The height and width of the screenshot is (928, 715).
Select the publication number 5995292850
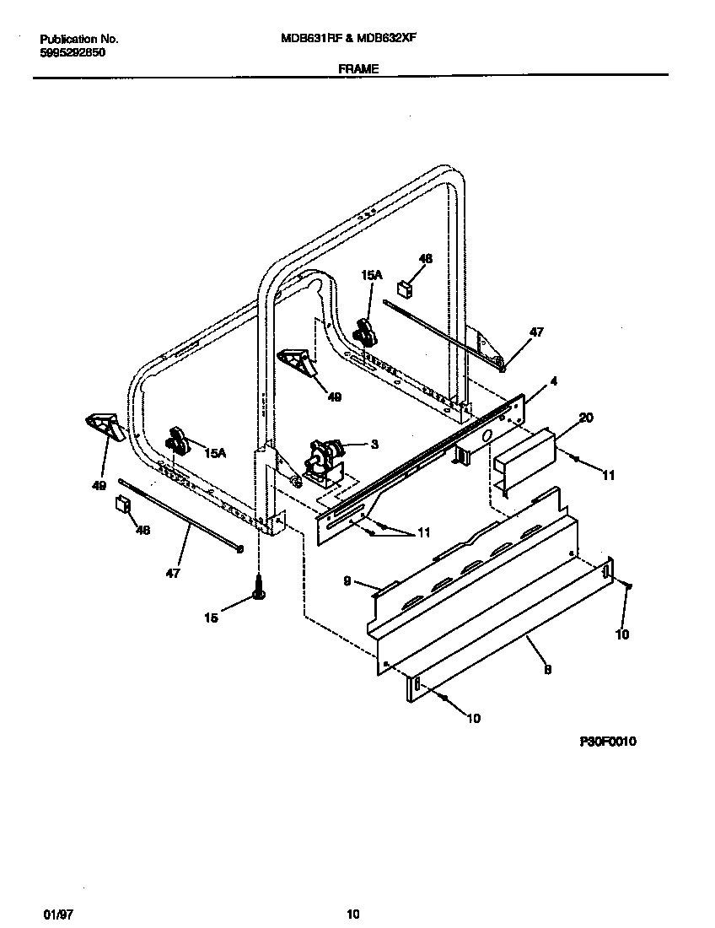73,52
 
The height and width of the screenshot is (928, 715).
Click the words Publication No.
79,39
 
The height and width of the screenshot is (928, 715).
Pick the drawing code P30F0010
607,742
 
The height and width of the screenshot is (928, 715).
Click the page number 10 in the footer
353,915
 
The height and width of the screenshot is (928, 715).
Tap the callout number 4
553,380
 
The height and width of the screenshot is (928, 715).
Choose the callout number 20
587,418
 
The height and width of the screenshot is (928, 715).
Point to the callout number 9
346,580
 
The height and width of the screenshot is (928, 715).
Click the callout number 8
547,669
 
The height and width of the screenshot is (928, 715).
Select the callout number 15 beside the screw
211,618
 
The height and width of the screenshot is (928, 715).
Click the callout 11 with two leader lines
423,532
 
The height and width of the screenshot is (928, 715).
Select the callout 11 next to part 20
607,475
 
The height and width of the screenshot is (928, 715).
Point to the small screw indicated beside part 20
574,458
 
